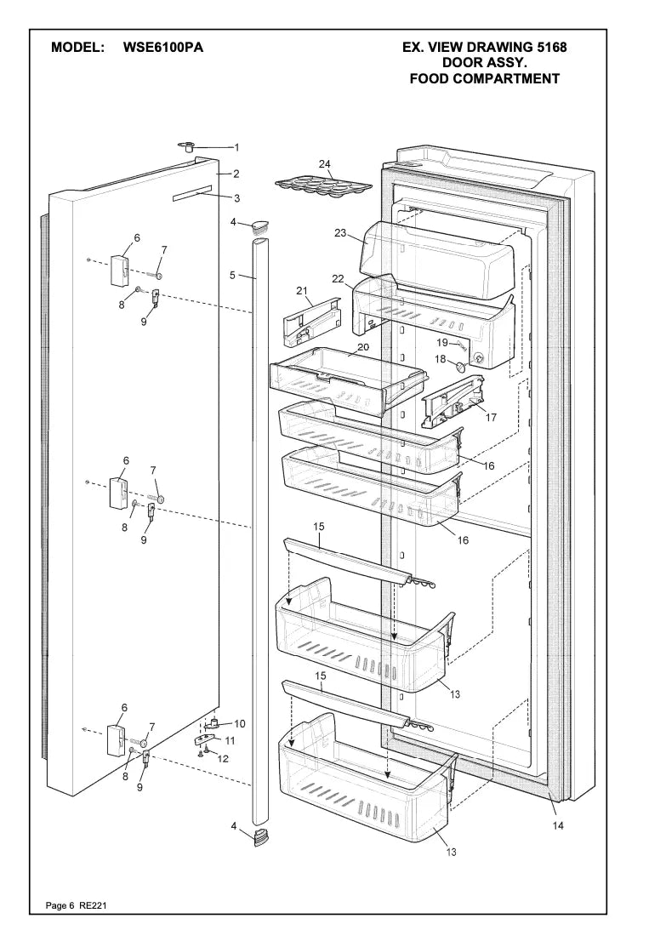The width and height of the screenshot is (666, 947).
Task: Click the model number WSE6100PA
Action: (x=163, y=48)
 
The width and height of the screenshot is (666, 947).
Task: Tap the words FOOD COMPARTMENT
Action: (x=484, y=79)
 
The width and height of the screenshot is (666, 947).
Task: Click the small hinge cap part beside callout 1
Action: (x=187, y=148)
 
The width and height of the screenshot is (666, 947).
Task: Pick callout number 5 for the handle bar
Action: (x=231, y=276)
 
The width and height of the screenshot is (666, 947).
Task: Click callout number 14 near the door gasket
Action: (x=558, y=824)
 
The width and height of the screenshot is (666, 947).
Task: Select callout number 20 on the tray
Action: (x=362, y=347)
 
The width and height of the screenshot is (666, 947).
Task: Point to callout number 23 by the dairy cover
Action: (x=340, y=233)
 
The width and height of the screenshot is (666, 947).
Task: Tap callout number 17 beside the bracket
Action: (x=491, y=417)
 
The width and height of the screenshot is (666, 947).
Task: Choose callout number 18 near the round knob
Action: (x=441, y=360)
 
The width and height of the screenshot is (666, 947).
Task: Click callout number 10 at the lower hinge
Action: (x=239, y=724)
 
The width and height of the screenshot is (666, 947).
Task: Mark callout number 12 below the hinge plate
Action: (x=223, y=758)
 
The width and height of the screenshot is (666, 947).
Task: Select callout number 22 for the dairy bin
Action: (x=338, y=278)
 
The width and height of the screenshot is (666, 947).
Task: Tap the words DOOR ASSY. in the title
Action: (x=484, y=63)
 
